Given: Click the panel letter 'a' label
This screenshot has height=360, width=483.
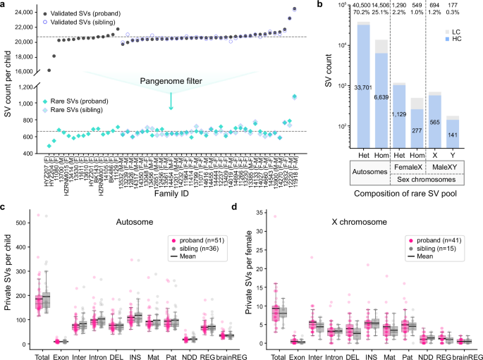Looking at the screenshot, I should click(x=4, y=5).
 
